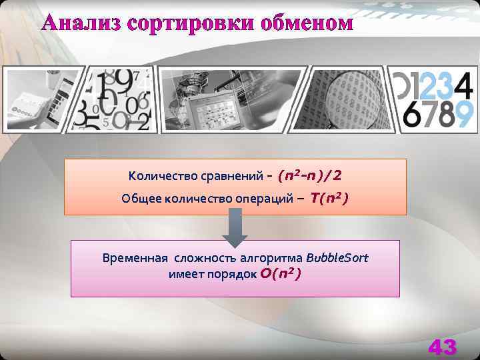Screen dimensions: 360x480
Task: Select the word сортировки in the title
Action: click(x=179, y=23)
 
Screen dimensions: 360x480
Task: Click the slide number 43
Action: click(x=442, y=347)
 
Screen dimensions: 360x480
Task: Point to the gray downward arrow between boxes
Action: click(x=234, y=227)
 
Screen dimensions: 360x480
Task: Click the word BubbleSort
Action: click(x=337, y=257)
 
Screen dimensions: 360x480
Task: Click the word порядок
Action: click(x=233, y=274)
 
